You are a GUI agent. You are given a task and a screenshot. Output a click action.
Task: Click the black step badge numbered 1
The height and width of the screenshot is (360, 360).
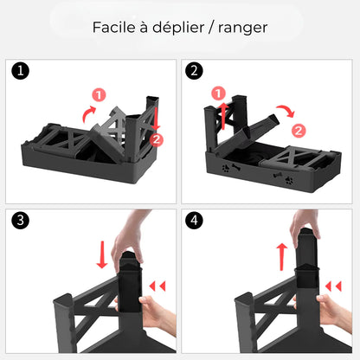coord(21,71)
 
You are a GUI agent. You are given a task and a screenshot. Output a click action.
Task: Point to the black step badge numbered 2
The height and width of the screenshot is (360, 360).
coord(196,71)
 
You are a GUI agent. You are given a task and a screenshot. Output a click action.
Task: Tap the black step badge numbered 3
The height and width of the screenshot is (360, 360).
coord(21,219)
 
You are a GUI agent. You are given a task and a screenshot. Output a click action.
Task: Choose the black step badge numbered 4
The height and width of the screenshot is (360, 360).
coord(196,219)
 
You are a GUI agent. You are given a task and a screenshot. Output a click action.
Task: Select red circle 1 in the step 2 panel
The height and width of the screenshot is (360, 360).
coord(219,93)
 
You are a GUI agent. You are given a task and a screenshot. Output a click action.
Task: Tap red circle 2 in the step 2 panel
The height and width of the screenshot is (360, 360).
coord(298,131)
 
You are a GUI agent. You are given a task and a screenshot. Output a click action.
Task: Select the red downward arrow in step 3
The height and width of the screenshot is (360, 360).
coord(101,254)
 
